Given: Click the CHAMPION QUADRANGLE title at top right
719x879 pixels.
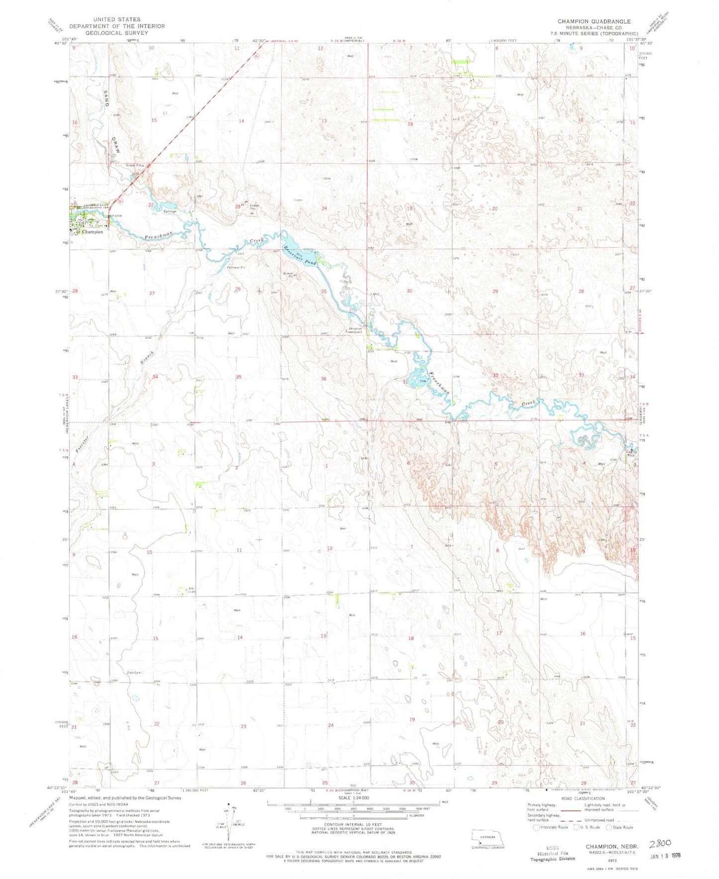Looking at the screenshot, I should point(594,21).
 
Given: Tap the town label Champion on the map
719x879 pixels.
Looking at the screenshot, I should point(93,232).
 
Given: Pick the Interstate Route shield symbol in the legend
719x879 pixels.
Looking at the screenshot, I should point(535,827).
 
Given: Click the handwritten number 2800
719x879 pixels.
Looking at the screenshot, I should point(660,843).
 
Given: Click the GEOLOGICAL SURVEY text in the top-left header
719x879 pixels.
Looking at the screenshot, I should point(116,33).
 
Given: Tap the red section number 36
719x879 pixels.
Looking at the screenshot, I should point(323,379).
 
